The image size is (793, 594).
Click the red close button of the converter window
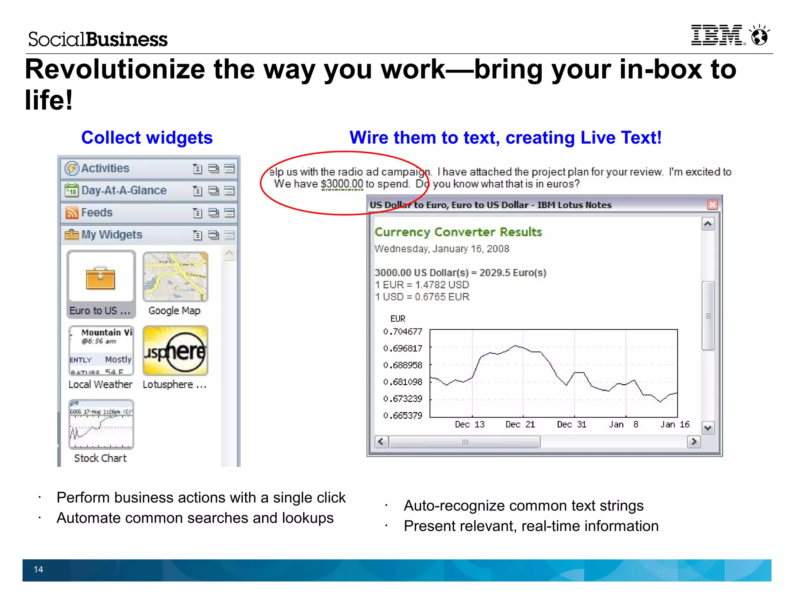pos(712,205)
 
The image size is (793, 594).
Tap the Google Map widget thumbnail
pos(175,277)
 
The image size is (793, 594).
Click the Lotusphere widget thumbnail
pos(175,351)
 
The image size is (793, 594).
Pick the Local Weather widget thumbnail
pos(101,351)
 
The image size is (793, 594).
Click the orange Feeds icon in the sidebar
pos(72,212)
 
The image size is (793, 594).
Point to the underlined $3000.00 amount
pos(342,184)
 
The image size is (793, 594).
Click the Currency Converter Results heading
pos(458,232)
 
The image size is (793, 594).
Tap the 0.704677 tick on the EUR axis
pos(403,332)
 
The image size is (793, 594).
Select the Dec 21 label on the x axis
pos(520,425)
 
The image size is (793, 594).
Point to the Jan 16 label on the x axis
pos(675,425)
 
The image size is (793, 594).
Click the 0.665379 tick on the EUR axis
pos(403,416)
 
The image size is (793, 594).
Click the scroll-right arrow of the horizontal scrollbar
pos(693,442)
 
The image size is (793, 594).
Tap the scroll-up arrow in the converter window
pos(708,224)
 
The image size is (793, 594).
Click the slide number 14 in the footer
pos(38,569)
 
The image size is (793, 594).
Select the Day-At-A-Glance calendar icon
pos(72,190)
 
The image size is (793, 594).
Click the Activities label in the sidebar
pos(105,168)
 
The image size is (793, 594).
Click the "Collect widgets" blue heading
pos(147,138)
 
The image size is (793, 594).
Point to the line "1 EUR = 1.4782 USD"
pos(422,285)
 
